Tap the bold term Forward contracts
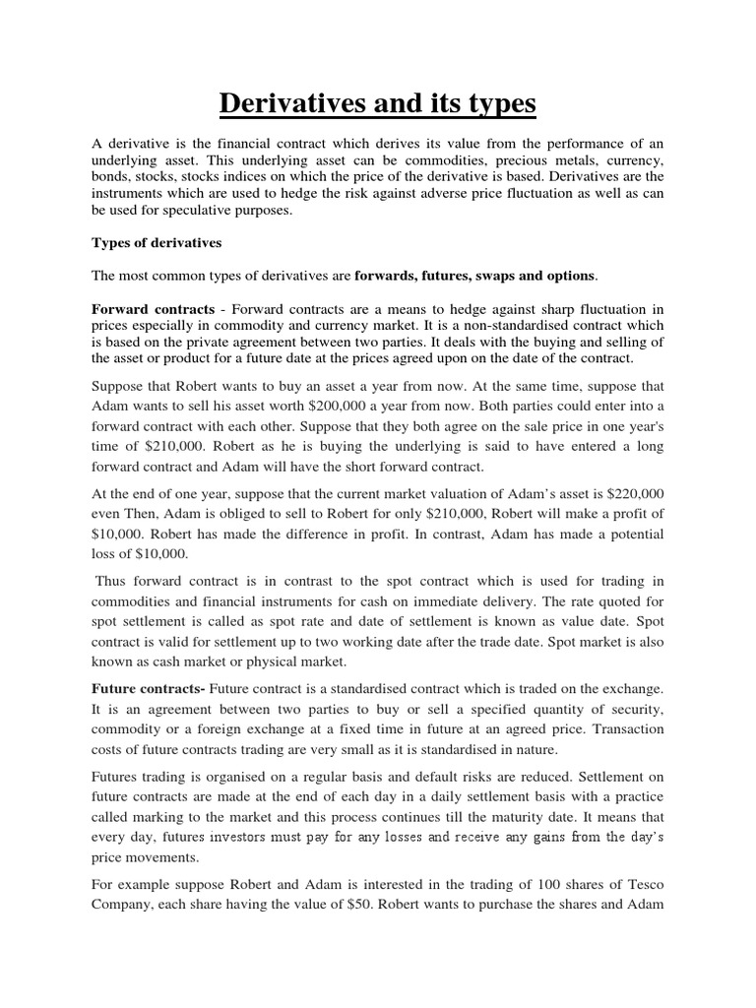tap(153, 308)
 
